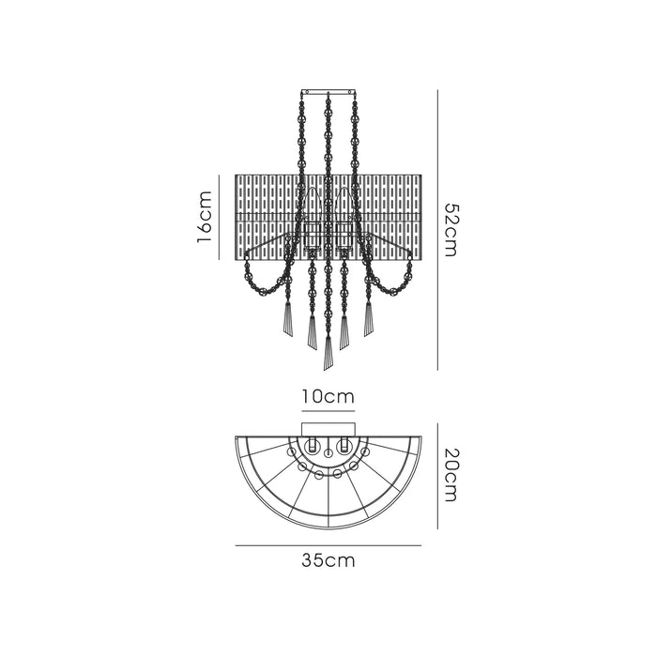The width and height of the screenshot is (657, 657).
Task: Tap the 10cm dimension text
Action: click(328, 397)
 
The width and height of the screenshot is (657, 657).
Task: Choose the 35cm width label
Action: click(328, 561)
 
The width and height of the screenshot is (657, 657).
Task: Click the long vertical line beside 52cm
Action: click(437, 230)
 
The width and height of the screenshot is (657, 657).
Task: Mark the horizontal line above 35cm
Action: click(328, 545)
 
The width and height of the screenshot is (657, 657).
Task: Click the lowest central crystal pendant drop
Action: click(328, 353)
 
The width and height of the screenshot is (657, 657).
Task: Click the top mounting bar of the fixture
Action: click(328, 91)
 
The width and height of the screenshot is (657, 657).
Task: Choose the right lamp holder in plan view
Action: click(344, 444)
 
